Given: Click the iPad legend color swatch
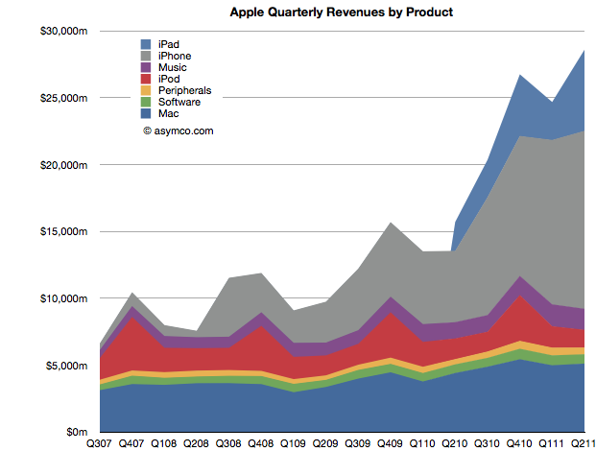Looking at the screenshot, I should click(147, 44).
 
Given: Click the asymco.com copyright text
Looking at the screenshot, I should click(179, 128).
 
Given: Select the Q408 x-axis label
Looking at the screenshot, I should click(261, 443).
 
